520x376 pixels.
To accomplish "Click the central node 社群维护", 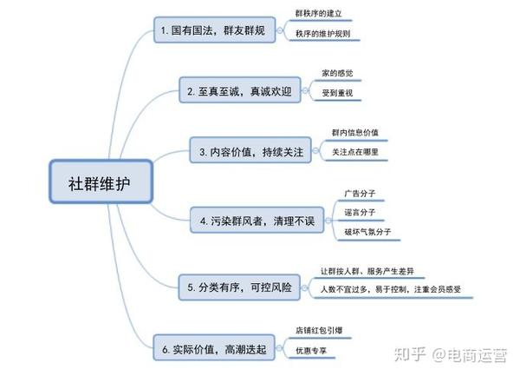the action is click(x=101, y=181).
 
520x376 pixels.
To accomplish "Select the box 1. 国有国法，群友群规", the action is click(x=215, y=30).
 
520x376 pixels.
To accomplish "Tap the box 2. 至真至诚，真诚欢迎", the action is click(x=240, y=90).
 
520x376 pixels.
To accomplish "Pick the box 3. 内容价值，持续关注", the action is click(x=250, y=150).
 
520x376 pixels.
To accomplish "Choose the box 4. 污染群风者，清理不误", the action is click(x=257, y=221).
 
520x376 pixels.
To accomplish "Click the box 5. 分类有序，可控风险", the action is click(x=239, y=287).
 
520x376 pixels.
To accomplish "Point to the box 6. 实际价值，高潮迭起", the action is click(x=214, y=347).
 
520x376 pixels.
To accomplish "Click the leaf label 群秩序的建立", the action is click(x=318, y=14).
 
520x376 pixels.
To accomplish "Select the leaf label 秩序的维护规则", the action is click(x=322, y=34).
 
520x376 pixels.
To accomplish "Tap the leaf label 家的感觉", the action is click(x=337, y=73).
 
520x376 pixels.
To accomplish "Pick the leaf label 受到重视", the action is click(x=337, y=93).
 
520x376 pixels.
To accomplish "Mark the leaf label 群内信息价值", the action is click(x=354, y=133).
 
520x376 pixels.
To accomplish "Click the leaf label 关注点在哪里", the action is click(x=354, y=152).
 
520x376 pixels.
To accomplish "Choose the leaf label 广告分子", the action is click(x=360, y=194).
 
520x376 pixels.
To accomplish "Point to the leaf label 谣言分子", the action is click(x=360, y=212).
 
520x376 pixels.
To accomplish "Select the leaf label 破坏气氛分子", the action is click(x=367, y=232).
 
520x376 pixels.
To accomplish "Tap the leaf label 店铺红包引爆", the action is click(x=319, y=331).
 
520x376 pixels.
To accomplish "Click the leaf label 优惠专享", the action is click(x=311, y=351).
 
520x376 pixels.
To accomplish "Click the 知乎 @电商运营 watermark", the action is click(x=451, y=355).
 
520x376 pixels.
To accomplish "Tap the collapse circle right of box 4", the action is click(x=328, y=221).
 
